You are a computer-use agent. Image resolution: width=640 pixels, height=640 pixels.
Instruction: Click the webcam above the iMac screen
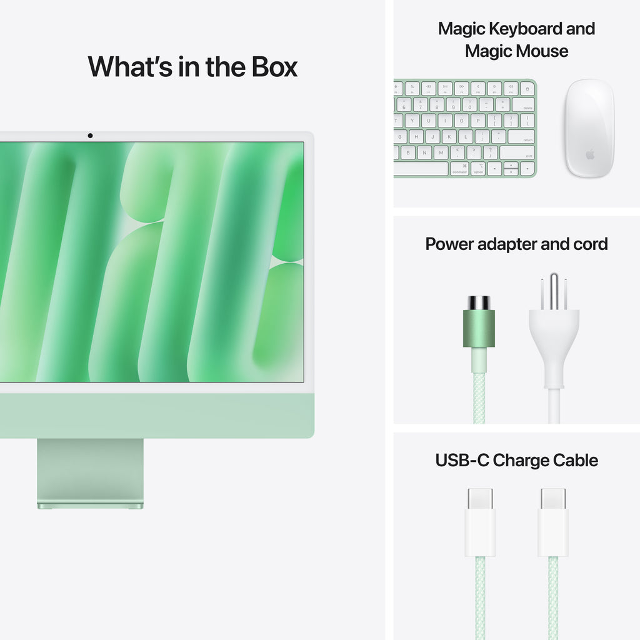pos(90,136)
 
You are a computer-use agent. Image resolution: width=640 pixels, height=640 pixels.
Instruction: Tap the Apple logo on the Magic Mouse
pos(589,154)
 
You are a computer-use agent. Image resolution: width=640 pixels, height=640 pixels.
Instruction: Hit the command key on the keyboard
pos(459,169)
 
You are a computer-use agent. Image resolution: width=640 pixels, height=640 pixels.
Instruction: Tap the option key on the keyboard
pos(478,169)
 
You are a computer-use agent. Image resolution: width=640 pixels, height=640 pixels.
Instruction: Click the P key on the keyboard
pos(477,121)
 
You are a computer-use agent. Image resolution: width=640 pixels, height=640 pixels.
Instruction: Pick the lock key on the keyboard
pos(527,88)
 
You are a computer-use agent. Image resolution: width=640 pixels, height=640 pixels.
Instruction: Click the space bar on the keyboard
pos(421,169)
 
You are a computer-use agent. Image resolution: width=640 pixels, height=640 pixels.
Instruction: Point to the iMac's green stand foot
pos(90,504)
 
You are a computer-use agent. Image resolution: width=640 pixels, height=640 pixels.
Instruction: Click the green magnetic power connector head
pos(479,328)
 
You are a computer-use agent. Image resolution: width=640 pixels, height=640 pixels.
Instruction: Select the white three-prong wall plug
pos(554,337)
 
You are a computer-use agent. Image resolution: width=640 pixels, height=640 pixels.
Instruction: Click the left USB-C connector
pos(480,522)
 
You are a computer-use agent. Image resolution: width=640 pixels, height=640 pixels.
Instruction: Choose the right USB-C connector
pos(554,522)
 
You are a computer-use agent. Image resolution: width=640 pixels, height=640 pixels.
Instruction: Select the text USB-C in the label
pos(462,461)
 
